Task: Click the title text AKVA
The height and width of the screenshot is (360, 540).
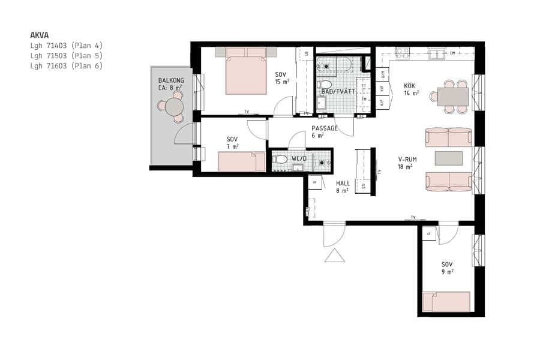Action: (x=40, y=35)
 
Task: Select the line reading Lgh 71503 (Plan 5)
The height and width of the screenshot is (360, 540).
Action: (x=66, y=56)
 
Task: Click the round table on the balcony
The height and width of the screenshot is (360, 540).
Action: (x=174, y=107)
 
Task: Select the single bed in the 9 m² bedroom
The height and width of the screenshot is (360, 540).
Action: (x=445, y=302)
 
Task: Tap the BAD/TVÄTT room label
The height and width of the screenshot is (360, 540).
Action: (x=338, y=92)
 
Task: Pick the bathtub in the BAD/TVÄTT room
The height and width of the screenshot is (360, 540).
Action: (x=338, y=64)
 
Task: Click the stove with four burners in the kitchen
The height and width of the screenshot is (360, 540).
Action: (x=402, y=53)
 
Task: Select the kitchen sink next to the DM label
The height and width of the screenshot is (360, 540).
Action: (x=436, y=54)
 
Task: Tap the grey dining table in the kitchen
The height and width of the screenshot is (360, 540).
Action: (x=452, y=97)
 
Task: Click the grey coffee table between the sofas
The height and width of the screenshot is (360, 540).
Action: (x=449, y=158)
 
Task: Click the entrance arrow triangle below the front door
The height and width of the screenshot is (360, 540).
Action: (x=334, y=256)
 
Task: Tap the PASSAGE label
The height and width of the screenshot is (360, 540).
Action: (x=324, y=128)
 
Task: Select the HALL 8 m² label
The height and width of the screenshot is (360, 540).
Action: (x=343, y=187)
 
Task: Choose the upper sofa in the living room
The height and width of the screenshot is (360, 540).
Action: (x=448, y=137)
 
